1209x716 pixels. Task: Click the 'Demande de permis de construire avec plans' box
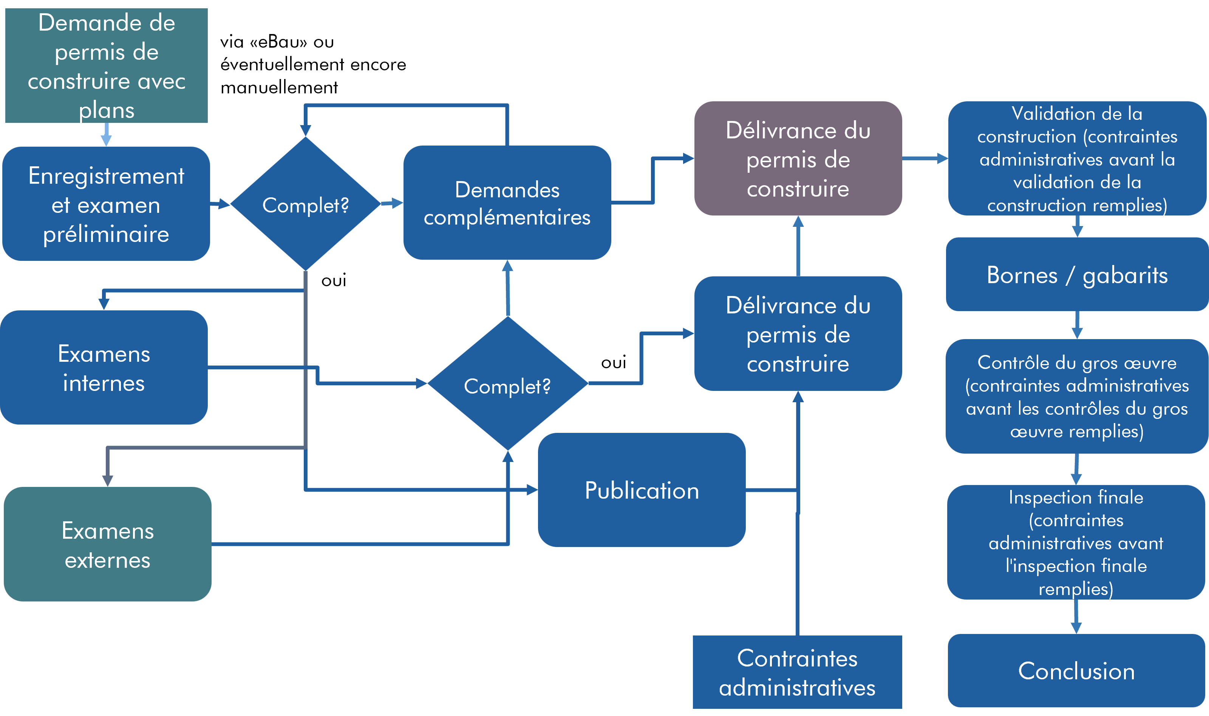106,66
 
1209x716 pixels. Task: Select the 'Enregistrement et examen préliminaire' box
106,204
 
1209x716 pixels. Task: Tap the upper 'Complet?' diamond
306,204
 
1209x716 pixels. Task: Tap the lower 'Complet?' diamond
508,384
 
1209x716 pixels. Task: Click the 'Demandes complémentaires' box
507,203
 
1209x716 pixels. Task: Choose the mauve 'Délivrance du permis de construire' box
798,158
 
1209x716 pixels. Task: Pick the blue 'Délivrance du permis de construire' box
798,334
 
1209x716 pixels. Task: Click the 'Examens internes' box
104,368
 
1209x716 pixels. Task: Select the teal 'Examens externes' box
108,544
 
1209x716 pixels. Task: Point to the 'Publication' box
642,490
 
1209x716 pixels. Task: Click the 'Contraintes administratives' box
797,673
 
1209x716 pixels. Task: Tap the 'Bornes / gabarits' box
1078,274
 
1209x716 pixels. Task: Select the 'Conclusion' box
1076,671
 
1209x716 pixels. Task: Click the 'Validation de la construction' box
1078,158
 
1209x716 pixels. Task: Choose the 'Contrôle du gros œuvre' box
1077,397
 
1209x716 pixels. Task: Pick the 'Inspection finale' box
1076,542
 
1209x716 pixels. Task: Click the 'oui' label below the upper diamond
334,281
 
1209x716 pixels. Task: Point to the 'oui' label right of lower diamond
614,362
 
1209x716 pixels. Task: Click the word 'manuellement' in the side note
279,88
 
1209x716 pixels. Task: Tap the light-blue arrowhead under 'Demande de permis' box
106,140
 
